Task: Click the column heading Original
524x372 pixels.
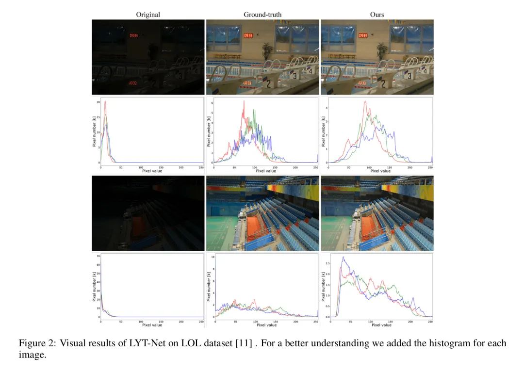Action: (148, 15)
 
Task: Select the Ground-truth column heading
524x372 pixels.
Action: (262, 15)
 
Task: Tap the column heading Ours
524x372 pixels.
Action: (377, 15)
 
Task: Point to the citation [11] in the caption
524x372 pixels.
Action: (244, 344)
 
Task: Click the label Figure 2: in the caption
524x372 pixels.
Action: (37, 344)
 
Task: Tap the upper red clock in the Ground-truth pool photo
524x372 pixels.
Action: (248, 35)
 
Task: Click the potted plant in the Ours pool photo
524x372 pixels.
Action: (381, 50)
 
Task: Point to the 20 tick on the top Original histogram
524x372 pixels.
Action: (98, 102)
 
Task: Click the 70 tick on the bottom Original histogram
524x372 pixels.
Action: (98, 256)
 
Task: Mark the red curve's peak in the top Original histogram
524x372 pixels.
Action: (105, 101)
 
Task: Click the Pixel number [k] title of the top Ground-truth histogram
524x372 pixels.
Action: (208, 131)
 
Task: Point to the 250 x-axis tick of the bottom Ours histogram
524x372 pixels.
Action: (430, 321)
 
